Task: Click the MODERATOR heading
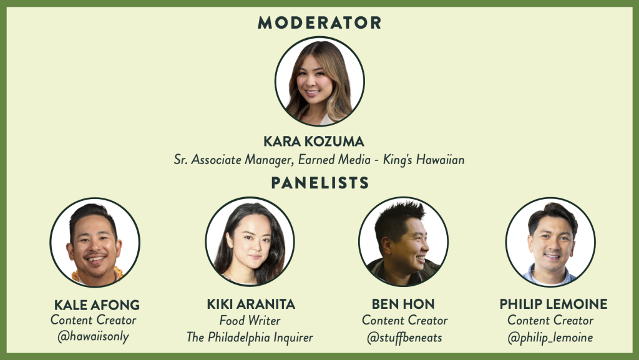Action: click(319, 22)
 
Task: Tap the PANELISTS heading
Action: click(320, 183)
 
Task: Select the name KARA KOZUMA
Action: click(314, 141)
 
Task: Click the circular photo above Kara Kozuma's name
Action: click(319, 81)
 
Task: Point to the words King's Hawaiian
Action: click(424, 160)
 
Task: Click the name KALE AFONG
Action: click(97, 304)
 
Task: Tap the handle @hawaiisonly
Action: click(94, 336)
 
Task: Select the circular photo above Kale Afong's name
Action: click(95, 242)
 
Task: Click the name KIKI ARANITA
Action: click(251, 304)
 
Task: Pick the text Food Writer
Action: click(250, 321)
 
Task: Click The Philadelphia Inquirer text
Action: click(250, 337)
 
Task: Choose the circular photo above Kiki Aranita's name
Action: click(250, 241)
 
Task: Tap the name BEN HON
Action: click(403, 304)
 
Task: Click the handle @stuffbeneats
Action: click(404, 338)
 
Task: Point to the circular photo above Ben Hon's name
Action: click(404, 241)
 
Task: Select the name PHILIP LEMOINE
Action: click(554, 304)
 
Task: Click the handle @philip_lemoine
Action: click(550, 338)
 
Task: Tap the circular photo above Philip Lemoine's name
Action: click(550, 242)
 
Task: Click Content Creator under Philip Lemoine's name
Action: click(550, 321)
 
